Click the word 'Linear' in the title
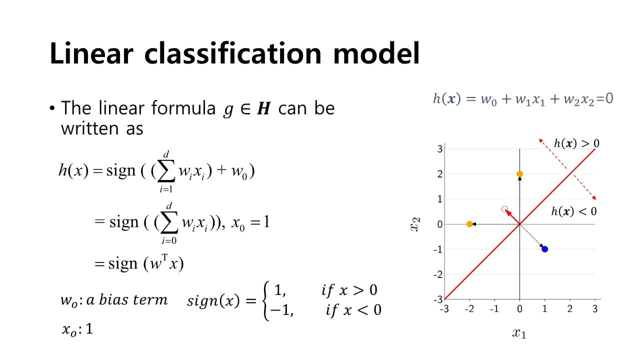[91, 53]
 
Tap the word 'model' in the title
[376, 53]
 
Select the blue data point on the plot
[545, 249]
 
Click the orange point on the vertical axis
[519, 174]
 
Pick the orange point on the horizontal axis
[469, 224]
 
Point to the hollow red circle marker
[504, 209]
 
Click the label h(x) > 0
[576, 143]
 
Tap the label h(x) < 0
[574, 211]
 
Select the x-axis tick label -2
[469, 309]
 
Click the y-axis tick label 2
[440, 174]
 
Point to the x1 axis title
[519, 333]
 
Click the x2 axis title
[415, 224]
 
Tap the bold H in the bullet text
[263, 108]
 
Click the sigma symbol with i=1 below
[166, 171]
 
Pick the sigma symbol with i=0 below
[169, 222]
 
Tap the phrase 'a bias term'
[126, 300]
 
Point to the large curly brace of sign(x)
[266, 301]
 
